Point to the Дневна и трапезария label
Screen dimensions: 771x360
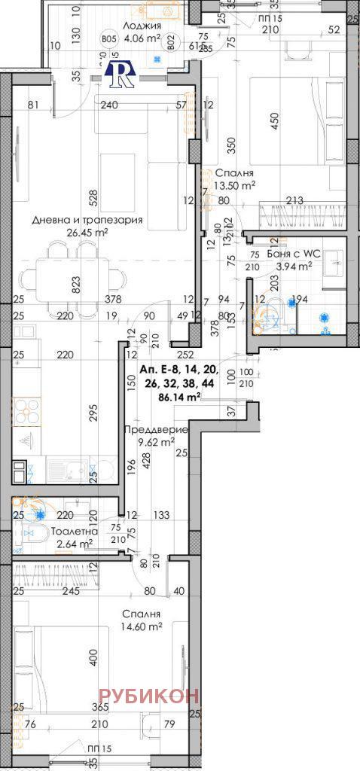[x=87, y=221]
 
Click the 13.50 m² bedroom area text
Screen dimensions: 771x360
[x=236, y=184]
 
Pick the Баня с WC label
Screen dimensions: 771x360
[x=294, y=254]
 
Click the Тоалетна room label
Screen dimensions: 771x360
[x=75, y=532]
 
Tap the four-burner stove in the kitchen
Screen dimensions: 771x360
[x=29, y=413]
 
